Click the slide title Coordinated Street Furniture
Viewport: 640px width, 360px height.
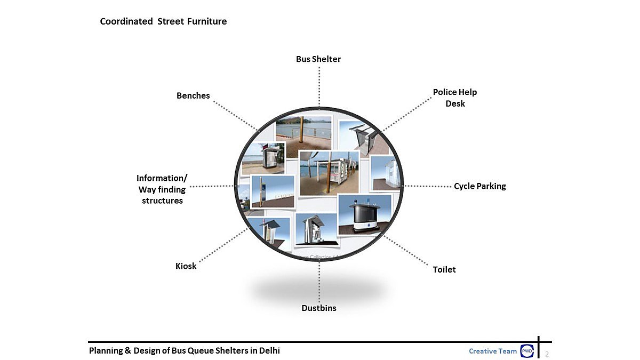[163, 21]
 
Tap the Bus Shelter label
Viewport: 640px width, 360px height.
[318, 59]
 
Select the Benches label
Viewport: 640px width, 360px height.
[193, 95]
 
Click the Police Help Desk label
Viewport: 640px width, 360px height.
[455, 98]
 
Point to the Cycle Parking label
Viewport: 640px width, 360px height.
[480, 186]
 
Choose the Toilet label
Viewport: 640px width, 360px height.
[444, 269]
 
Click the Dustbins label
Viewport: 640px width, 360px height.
[319, 308]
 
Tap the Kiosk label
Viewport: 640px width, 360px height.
[186, 266]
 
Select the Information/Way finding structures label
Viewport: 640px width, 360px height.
[162, 189]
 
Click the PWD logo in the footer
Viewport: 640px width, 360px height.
[526, 351]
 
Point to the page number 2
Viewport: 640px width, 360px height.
[547, 354]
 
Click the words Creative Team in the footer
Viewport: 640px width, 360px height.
[493, 351]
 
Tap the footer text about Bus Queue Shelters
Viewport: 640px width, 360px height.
[184, 350]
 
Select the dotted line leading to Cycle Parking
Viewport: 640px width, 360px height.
[428, 186]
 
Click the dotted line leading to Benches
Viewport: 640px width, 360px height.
[235, 115]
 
